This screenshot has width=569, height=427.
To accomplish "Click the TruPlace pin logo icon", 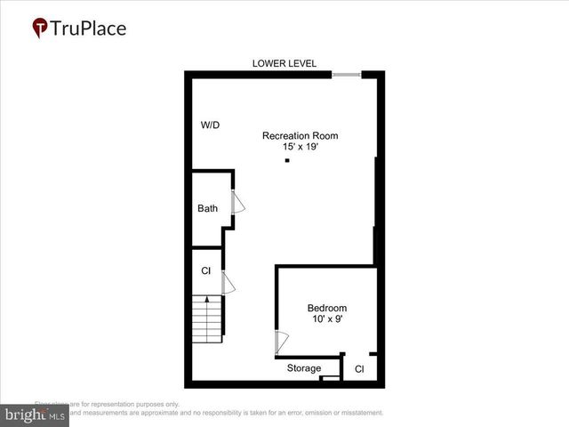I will click(40, 28).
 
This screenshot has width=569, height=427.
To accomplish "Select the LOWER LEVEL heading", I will click(284, 63).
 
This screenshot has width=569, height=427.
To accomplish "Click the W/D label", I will click(210, 125).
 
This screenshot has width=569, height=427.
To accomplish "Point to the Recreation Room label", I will click(300, 135).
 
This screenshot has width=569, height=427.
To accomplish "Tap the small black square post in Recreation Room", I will click(286, 161).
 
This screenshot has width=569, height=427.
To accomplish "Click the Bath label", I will click(207, 209).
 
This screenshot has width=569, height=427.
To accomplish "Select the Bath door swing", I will click(237, 203).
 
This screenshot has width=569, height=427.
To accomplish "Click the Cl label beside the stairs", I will click(205, 270).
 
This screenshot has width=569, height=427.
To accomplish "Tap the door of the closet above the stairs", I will click(227, 283).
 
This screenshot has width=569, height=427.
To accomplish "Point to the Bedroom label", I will click(327, 309).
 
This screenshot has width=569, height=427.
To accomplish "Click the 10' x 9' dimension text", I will click(327, 319).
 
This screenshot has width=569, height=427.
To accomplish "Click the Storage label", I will click(304, 368).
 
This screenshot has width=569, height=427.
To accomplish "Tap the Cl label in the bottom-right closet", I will click(360, 368).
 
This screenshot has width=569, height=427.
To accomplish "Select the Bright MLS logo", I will click(35, 415).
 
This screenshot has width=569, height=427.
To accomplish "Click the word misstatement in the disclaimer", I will click(356, 413).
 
